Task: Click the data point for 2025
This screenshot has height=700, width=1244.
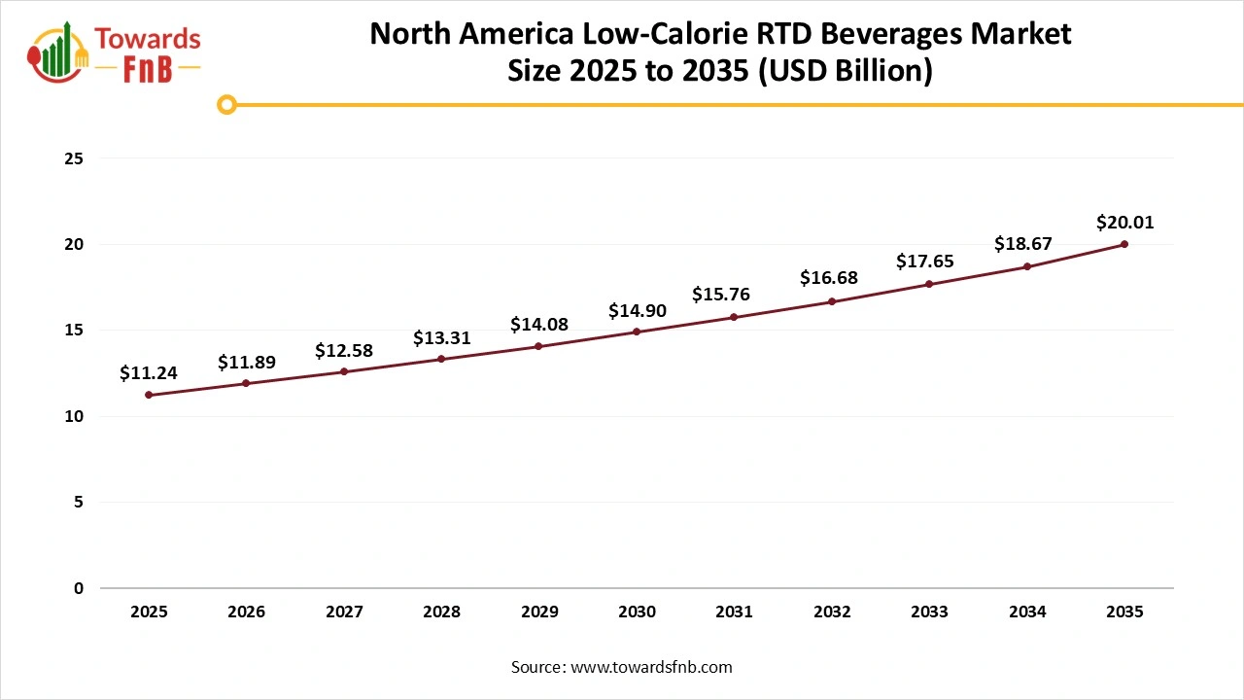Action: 149,395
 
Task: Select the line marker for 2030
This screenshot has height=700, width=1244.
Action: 637,332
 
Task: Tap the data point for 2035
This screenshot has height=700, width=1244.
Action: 1124,244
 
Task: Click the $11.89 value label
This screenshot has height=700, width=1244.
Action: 246,363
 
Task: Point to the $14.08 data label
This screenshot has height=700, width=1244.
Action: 538,325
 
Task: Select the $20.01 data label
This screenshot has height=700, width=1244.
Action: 1124,223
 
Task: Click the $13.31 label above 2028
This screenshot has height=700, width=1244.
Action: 441,338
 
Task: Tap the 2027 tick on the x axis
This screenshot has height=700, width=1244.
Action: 344,612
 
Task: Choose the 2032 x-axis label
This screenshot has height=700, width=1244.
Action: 832,612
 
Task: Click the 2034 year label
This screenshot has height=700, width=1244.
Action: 1027,612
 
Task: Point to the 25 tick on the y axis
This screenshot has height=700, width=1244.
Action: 74,158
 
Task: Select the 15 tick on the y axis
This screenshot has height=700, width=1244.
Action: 74,331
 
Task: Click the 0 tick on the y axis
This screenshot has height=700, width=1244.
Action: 79,588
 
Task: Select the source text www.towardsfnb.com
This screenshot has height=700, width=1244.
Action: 649,667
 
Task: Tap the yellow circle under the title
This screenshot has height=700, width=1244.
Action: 226,104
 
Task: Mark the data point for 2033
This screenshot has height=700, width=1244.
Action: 929,284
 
